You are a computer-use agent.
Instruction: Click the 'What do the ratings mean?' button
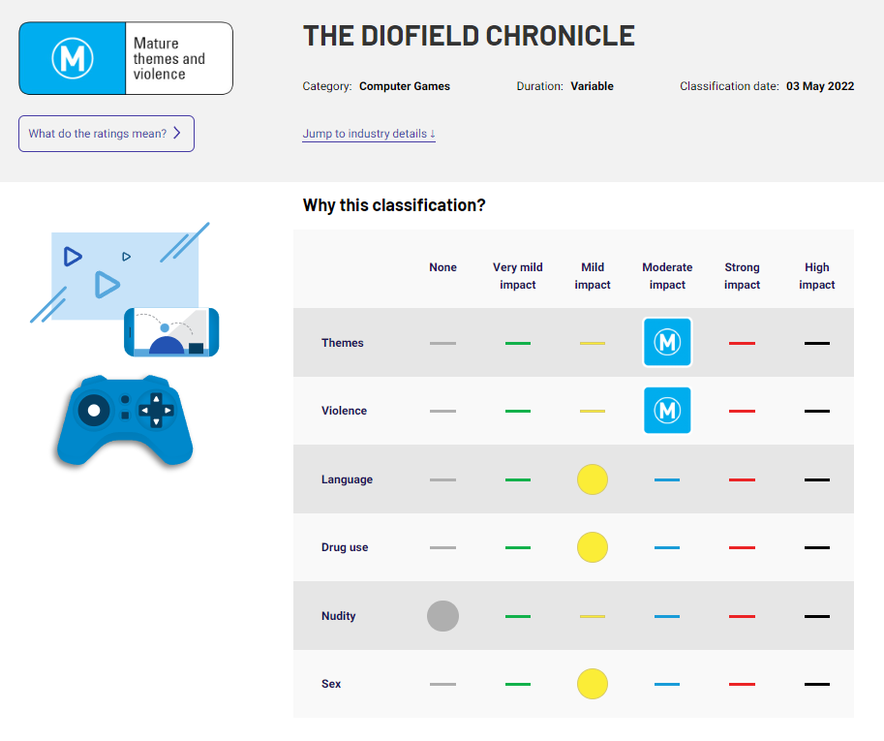(106, 134)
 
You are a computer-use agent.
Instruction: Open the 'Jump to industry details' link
(369, 134)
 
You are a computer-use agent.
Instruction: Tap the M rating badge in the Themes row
(667, 343)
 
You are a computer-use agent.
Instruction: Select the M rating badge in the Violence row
(667, 411)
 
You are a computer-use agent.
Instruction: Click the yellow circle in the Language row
(593, 479)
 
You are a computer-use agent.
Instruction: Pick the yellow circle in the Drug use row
(593, 547)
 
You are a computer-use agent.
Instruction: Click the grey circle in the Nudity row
(442, 616)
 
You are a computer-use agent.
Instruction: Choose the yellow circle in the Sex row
(593, 684)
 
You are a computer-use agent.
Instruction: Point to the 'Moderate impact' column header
(667, 276)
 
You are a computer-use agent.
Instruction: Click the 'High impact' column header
(816, 276)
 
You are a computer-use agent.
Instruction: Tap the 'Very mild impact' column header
(518, 276)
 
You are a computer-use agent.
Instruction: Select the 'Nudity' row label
(339, 616)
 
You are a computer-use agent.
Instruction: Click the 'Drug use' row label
(345, 547)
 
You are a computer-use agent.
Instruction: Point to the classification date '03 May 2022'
(820, 86)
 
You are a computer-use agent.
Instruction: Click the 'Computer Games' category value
(405, 86)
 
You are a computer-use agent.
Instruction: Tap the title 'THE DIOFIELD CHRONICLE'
(469, 36)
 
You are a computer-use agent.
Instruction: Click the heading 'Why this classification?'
(394, 205)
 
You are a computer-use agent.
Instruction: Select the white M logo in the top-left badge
(72, 58)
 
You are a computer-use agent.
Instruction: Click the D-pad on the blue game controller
(156, 410)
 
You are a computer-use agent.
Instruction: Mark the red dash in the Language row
(742, 479)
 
